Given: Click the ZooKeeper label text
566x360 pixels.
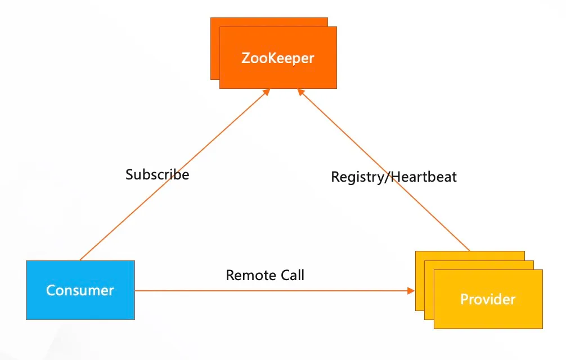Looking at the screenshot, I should coord(277,58).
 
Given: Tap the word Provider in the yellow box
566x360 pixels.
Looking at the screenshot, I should coord(488,299).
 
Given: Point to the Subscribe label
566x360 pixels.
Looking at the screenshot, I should coord(158,174).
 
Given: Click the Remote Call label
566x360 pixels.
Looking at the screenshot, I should coord(265,275).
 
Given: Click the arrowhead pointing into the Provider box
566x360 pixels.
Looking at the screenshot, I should coord(411,291).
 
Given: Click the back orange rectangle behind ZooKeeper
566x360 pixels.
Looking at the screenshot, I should coord(214,51).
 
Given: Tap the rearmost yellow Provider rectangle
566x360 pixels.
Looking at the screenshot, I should coord(419,281).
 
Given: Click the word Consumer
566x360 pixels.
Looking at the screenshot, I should coord(80,290).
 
